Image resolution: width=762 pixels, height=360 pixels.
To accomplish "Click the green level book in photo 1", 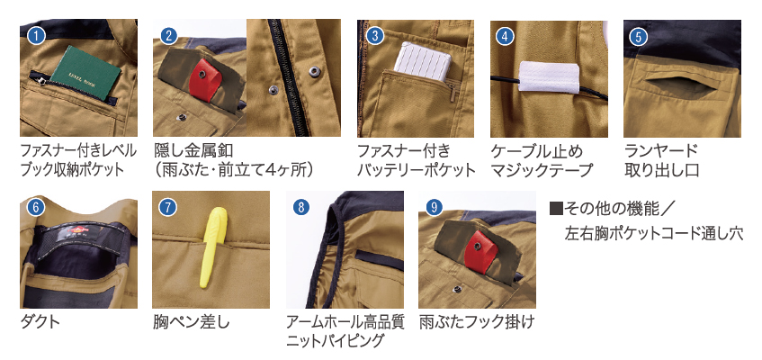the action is click(85, 74).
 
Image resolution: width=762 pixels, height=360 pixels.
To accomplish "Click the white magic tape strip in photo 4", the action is click(549, 77).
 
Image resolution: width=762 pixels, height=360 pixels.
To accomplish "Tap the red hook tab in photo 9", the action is click(480, 251).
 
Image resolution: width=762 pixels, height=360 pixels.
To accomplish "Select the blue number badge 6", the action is click(36, 208).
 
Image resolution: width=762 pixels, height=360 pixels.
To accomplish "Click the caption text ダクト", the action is click(40, 322).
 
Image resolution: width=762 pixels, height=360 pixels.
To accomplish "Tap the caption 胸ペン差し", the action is click(191, 322).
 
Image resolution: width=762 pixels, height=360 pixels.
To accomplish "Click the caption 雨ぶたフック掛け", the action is click(477, 322).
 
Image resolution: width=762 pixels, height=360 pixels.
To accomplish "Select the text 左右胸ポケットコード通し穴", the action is click(654, 233).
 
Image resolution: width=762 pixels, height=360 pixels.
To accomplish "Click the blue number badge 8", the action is click(301, 208).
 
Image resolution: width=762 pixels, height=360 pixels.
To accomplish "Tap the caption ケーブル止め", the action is click(536, 150).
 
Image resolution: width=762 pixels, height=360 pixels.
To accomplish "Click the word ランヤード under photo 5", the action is click(661, 150).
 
